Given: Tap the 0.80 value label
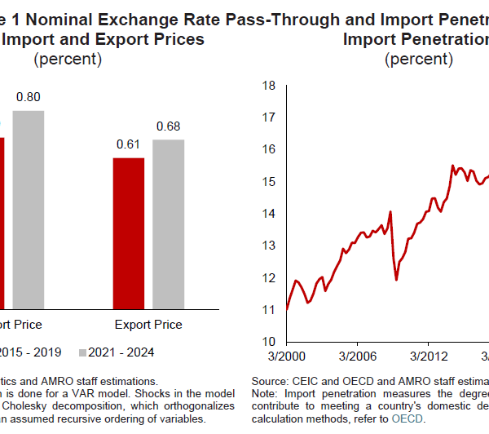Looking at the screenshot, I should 28,97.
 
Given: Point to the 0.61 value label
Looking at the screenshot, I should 128,144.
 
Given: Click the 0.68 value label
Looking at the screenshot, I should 168,126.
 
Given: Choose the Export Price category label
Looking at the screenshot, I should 148,324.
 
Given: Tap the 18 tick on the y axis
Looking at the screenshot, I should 268,85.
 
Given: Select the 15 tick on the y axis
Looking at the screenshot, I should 268,181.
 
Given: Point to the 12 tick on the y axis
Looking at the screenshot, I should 268,277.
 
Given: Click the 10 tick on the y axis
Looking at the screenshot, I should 268,341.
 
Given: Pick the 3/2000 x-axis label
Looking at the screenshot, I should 286,356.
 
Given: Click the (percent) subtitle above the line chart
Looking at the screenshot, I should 420,58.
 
